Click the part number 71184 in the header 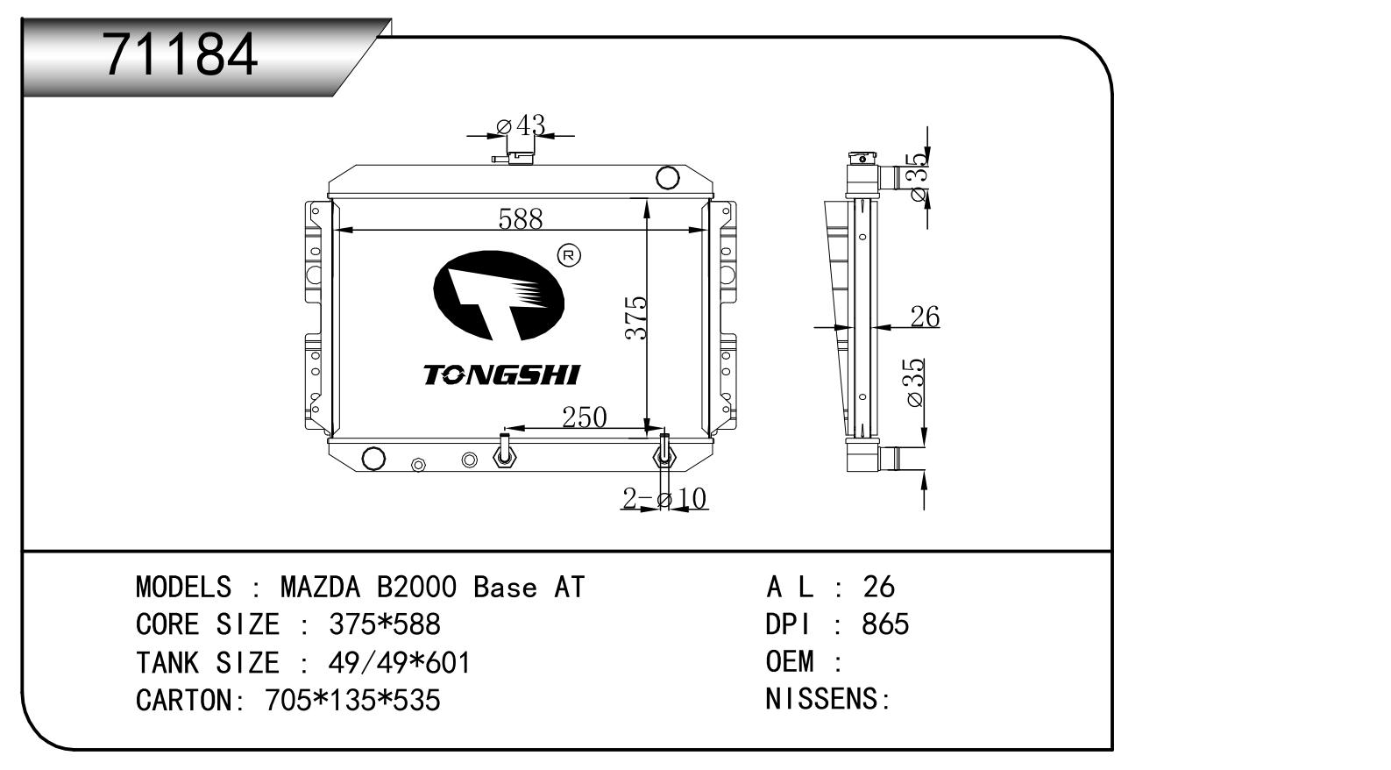pos(181,54)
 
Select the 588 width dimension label pos(521,218)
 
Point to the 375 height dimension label pos(636,317)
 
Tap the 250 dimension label pos(584,417)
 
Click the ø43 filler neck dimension pos(521,126)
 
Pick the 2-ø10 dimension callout pos(664,499)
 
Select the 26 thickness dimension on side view pos(925,317)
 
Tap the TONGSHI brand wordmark pos(501,375)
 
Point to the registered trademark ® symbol pos(569,255)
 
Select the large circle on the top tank pos(668,177)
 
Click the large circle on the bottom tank pos(373,458)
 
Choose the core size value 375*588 pos(384,624)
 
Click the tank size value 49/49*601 pos(400,662)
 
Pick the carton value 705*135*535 pos(352,700)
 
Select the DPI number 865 pos(885,624)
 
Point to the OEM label pos(790,661)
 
